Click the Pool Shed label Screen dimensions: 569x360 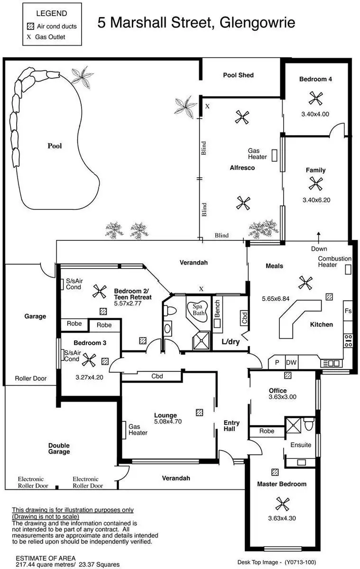pos(238,75)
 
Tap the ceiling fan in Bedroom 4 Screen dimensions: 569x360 pos(315,98)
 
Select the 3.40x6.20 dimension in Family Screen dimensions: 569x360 pos(316,200)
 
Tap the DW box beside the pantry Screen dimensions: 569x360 pos(291,363)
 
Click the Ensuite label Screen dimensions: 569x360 pos(301,445)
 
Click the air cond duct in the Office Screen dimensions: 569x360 pos(287,376)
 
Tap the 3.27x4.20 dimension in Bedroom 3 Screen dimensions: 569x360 pos(90,377)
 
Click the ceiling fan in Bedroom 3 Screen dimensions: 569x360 pos(88,361)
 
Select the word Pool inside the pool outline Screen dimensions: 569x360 pos(55,146)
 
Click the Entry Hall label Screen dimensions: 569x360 pos(231,426)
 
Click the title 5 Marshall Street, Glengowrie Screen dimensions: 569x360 pos(196,22)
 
